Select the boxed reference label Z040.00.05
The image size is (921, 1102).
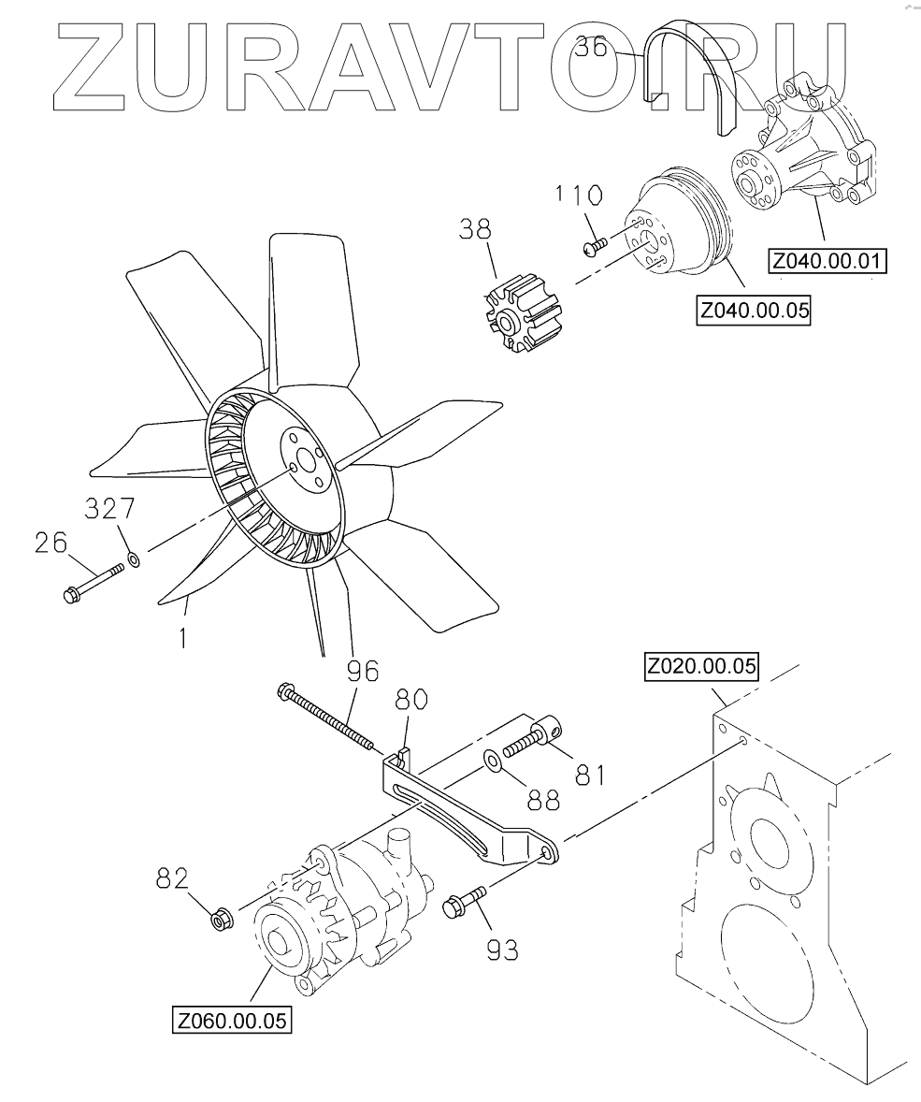(754, 310)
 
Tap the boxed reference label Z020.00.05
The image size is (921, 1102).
(700, 668)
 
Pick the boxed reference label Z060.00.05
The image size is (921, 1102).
(232, 1019)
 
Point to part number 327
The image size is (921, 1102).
(109, 509)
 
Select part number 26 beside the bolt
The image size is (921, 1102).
(51, 543)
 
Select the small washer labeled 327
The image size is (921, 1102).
(134, 559)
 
